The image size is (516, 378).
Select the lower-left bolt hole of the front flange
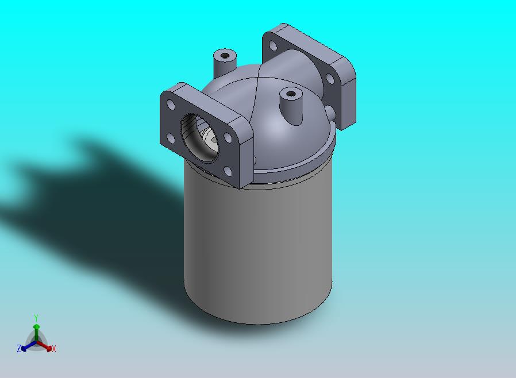[x=171, y=138]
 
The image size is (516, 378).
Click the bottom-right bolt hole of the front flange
[x=227, y=171]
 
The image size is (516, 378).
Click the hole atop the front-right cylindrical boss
[x=291, y=92]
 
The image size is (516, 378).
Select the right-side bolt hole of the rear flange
[x=330, y=78]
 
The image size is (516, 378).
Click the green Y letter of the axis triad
[x=36, y=318]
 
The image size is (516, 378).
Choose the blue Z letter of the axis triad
[x=19, y=348]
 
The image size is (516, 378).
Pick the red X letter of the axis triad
[x=54, y=349]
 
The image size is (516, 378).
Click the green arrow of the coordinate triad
[x=36, y=330]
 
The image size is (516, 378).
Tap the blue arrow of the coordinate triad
[x=26, y=346]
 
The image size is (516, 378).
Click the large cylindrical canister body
[x=259, y=247]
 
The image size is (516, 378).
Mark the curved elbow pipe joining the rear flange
[x=293, y=69]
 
